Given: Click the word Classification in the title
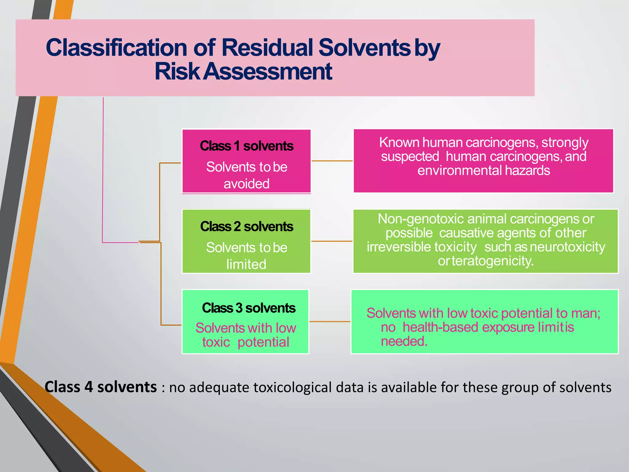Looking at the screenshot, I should pos(116,48).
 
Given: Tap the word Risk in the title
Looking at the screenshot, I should pos(177,72).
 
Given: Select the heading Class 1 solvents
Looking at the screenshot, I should pos(246,146).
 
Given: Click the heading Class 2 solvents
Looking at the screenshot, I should pos(246,226).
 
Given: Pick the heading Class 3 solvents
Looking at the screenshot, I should pos(248,308).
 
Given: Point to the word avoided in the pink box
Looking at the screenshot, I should pos(246,184).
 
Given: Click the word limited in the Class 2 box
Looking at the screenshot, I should pos(246,264).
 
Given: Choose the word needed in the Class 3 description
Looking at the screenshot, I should pos(404,341).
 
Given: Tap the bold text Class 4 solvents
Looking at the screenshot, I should pos(101,387).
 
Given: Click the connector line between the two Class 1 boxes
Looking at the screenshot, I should pos(332,161).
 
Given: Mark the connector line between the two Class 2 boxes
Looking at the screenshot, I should pos(332,241).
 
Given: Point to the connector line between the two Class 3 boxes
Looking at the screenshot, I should pos(330,321).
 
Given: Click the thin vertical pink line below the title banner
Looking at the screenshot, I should pos(103,169).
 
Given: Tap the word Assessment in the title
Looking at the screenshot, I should pos(268,72).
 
